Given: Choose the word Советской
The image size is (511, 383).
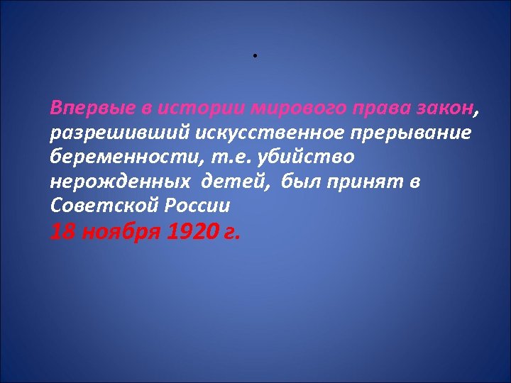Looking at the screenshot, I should pyautogui.click(x=99, y=206).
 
